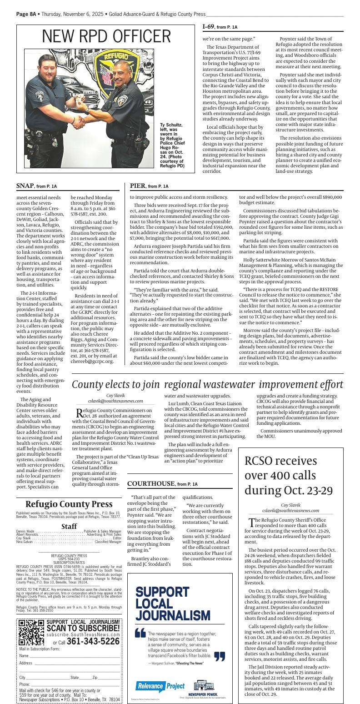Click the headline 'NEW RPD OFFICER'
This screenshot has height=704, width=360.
pos(106,37)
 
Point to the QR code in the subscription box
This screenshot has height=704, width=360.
pos(31,632)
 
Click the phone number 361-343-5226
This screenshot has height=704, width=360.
pos(93,641)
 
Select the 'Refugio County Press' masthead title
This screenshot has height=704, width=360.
pos(69,504)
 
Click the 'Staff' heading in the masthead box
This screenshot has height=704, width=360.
pos(69,526)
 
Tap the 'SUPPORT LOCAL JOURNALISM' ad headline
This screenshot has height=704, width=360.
pos(168,603)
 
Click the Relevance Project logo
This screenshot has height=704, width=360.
pos(160,685)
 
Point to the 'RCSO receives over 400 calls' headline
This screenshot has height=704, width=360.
pos(289,475)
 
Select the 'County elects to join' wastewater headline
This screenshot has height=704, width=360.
pos(207,384)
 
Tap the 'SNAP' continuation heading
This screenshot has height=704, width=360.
pos(25,186)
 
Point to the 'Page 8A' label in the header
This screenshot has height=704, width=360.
pos(26,14)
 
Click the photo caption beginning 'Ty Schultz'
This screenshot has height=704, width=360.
pos(171,145)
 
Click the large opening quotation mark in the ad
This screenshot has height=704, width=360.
pos(140,633)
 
